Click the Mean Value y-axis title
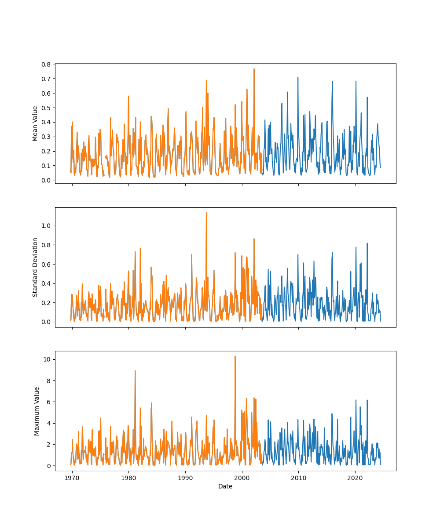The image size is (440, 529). coord(35,123)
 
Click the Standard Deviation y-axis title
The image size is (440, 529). coord(35,267)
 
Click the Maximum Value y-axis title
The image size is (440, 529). coord(37,411)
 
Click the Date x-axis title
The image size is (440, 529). coord(225,486)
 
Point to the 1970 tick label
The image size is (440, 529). coord(72,477)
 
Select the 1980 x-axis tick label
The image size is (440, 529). coord(128,477)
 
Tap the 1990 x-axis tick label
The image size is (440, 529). coord(185,477)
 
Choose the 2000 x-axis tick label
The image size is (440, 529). coord(242,477)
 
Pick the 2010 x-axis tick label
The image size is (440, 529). coord(298,477)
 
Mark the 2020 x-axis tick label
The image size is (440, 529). coord(355,477)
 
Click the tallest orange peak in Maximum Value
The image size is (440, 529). coord(235,357)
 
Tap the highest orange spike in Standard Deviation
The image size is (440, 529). coord(206,213)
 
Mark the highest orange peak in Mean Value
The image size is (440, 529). coord(254,69)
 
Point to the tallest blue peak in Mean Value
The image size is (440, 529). coord(298,78)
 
